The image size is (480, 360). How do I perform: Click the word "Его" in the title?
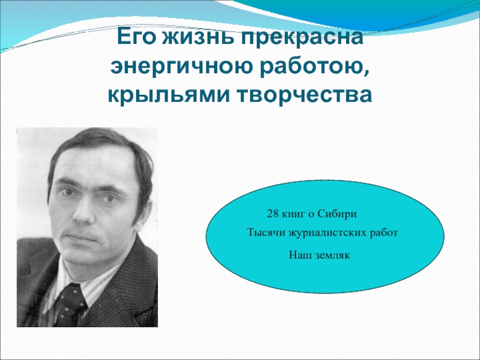tap(135, 37)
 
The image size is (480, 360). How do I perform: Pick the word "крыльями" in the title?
tap(169, 95)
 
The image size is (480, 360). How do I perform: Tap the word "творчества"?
tap(305, 94)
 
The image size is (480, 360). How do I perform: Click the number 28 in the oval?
tap(273, 214)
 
